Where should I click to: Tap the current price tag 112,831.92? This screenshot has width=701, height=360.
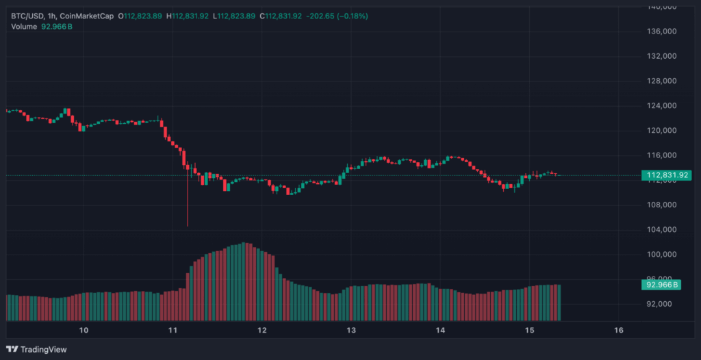[x=667, y=175]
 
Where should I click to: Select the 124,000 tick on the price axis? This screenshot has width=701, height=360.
[x=662, y=105]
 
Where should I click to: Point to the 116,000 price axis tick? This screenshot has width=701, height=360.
[x=662, y=155]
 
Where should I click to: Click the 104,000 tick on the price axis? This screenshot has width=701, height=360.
[x=662, y=229]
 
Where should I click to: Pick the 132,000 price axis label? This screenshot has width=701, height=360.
[x=662, y=56]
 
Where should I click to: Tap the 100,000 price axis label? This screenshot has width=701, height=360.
[x=662, y=255]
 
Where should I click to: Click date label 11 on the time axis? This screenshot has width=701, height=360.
[x=173, y=331]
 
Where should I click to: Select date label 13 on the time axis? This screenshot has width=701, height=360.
[x=351, y=331]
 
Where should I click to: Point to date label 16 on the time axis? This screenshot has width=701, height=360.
[x=619, y=331]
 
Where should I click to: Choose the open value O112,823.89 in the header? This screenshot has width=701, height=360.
[x=140, y=16]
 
